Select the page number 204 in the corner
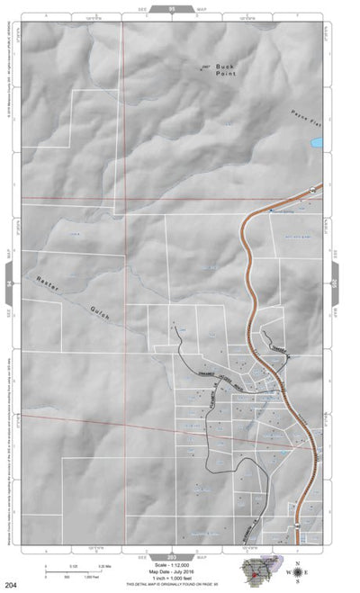[11, 586]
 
